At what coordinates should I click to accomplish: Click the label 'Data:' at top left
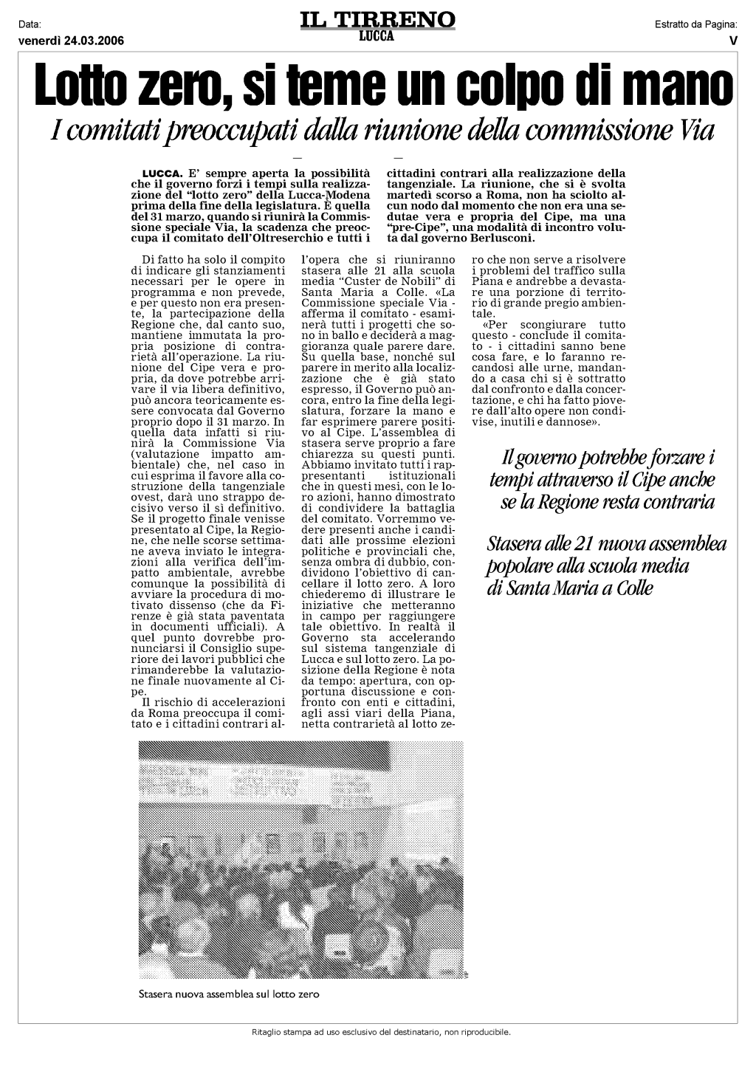30,26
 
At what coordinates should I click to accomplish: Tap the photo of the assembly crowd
303,861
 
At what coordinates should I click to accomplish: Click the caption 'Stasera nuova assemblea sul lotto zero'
229,994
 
